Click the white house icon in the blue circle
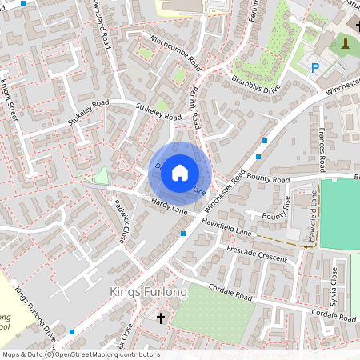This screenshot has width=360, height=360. pos(180,172)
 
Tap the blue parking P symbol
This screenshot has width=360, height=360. pos(314,69)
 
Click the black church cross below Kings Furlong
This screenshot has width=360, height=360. pos(160,318)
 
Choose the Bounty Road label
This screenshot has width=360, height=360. pos(267,180)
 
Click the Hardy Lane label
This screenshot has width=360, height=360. pos(167,207)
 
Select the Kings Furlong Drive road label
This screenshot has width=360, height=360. pos(35,308)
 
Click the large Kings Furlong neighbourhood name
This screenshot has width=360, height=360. pos(147,293)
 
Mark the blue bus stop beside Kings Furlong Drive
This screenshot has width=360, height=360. pos(73,330)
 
